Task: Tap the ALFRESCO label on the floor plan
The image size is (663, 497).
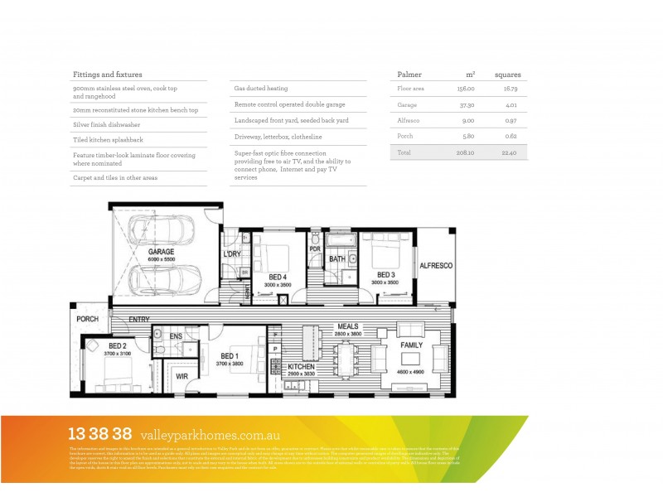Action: point(435,265)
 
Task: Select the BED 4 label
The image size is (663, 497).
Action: point(278,276)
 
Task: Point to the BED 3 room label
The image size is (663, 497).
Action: point(385,275)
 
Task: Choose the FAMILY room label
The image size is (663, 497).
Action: point(412,344)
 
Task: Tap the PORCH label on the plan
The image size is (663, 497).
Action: point(87,319)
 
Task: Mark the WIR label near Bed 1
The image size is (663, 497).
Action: point(182,376)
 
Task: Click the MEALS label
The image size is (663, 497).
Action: point(347,326)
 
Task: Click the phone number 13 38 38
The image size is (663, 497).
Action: point(99,433)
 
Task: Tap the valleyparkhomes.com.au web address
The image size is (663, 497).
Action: point(211,434)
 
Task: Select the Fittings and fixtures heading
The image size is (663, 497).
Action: point(107,74)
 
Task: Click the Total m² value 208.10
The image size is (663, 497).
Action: point(465,152)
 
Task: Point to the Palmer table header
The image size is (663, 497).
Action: point(409,74)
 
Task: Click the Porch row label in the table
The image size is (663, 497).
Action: point(405,135)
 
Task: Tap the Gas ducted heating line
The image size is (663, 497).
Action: point(261,89)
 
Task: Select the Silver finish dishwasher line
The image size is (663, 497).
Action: point(109,125)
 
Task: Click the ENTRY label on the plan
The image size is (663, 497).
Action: point(139,318)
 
